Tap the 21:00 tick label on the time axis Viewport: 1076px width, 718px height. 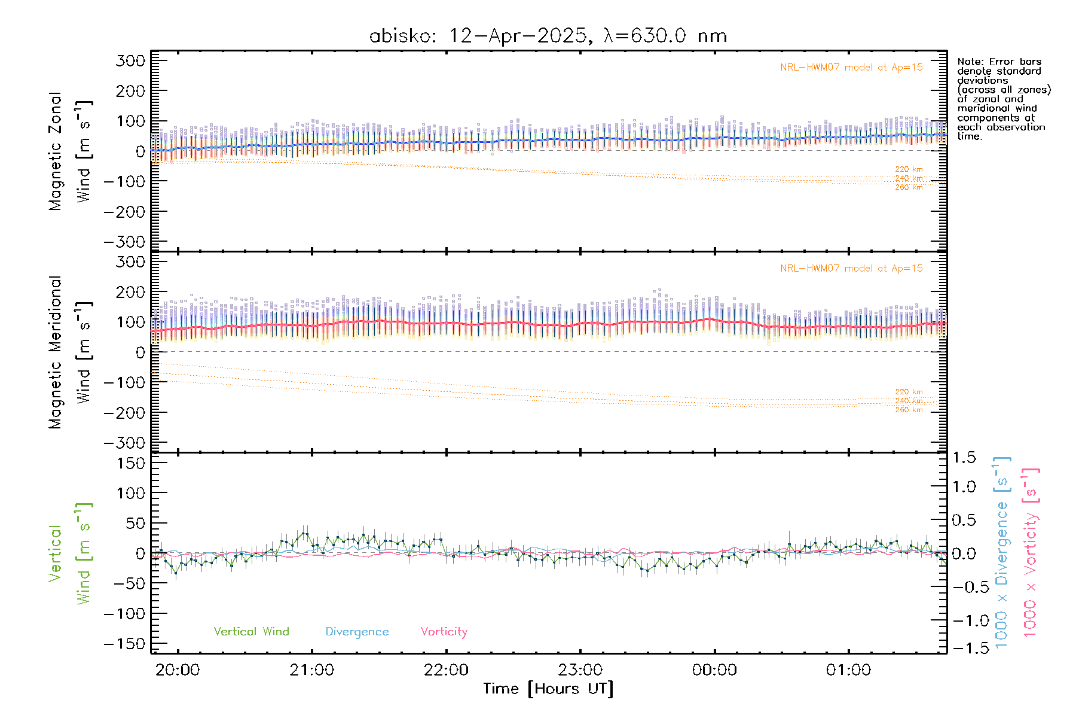pos(311,670)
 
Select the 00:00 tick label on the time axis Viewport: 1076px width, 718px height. pos(714,670)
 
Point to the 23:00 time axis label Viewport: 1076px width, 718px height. pos(580,670)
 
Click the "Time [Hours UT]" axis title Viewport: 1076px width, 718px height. pos(548,689)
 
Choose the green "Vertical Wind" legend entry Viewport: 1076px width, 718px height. pos(251,631)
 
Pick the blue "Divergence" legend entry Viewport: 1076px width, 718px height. pos(357,632)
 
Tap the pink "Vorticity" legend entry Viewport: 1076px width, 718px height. pos(444,631)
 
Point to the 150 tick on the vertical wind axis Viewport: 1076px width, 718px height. pos(132,463)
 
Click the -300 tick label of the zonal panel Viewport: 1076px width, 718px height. pos(124,242)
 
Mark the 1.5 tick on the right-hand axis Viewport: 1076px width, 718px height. pos(964,458)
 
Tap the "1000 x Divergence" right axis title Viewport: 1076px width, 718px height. pos(1001,552)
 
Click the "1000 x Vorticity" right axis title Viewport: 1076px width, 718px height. pos(1030,552)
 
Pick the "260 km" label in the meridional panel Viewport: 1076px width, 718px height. pos(909,410)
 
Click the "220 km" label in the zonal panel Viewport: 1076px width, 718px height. pos(909,169)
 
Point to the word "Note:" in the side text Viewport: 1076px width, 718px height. pos(970,62)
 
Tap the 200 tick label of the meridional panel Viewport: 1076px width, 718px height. pos(132,292)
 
